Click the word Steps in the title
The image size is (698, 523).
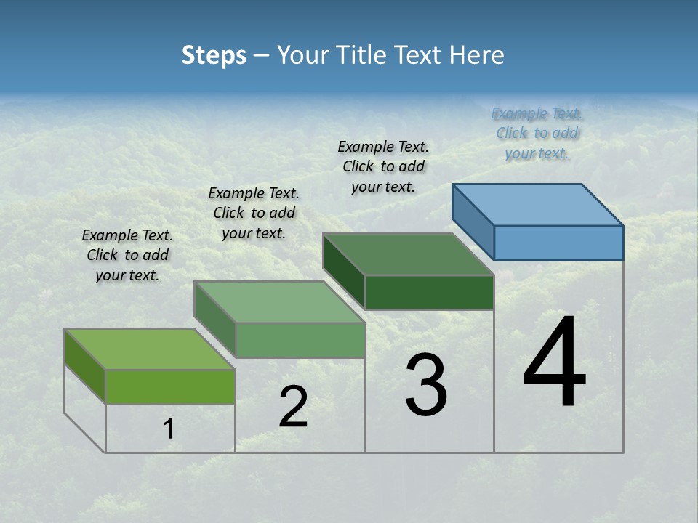click(x=213, y=55)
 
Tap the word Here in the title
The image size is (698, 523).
click(x=478, y=55)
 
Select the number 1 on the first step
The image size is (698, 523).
click(x=169, y=429)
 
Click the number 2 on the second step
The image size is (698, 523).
click(x=293, y=407)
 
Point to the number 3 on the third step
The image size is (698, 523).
click(x=426, y=385)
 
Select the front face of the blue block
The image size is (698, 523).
click(x=558, y=243)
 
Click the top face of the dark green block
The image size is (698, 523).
click(x=409, y=254)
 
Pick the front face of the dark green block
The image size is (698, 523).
click(x=429, y=292)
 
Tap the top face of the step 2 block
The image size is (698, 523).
click(x=279, y=301)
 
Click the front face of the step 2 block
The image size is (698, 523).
click(x=300, y=340)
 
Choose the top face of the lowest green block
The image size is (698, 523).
click(x=150, y=349)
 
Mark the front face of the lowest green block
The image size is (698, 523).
click(x=170, y=386)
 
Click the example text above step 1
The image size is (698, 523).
click(x=127, y=255)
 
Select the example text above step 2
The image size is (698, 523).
click(x=254, y=213)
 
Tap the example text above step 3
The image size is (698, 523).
click(x=383, y=166)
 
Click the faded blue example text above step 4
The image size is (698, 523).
click(x=537, y=133)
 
